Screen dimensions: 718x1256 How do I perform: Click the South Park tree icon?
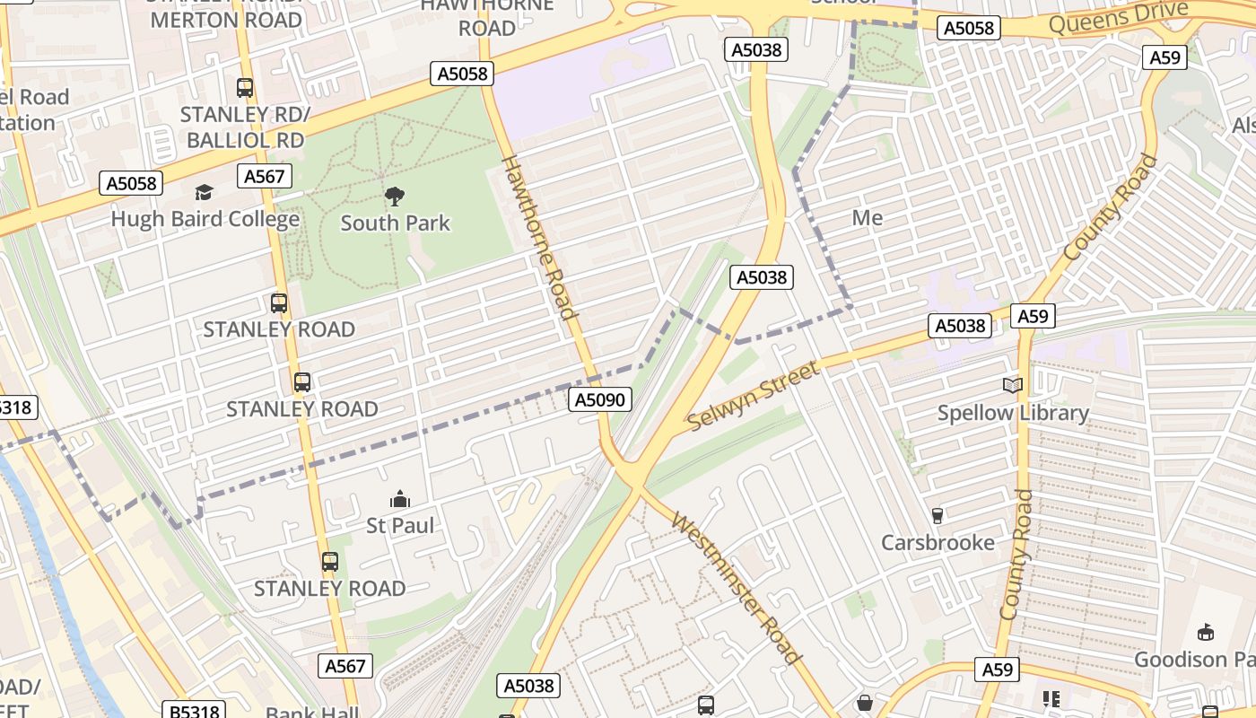click(394, 197)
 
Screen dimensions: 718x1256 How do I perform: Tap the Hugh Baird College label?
click(205, 219)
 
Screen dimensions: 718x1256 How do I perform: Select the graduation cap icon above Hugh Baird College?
click(205, 193)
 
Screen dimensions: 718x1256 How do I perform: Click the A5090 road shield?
click(600, 399)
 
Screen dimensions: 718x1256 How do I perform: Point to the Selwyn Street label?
click(754, 396)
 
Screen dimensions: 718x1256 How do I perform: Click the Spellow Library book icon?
click(1012, 386)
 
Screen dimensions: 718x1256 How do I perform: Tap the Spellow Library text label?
click(1013, 413)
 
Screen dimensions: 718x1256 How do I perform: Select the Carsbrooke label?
click(938, 542)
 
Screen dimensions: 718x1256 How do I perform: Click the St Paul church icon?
click(400, 499)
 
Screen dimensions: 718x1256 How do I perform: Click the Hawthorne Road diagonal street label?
click(537, 238)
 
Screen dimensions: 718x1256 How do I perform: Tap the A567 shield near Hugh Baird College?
click(266, 177)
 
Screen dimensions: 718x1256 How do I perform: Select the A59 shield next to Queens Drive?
click(1164, 57)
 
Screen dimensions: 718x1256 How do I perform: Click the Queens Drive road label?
click(1117, 18)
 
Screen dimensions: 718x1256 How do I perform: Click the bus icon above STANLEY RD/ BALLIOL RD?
click(245, 88)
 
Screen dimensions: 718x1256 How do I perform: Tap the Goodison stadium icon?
click(1206, 633)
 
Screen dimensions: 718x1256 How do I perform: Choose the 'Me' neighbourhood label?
click(867, 218)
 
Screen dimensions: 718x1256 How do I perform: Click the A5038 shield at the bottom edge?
click(529, 687)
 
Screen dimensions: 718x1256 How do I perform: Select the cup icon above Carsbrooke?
click(938, 515)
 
